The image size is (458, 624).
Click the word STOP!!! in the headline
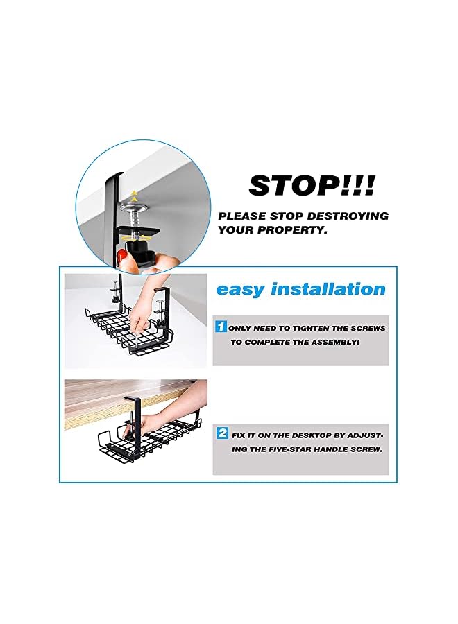[x=312, y=186]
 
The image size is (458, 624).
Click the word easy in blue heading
[x=241, y=289]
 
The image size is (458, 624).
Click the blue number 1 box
[x=220, y=327]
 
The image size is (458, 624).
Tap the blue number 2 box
[x=222, y=433]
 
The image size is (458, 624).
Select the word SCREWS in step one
[x=367, y=327]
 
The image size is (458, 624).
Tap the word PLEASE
[x=240, y=216]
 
